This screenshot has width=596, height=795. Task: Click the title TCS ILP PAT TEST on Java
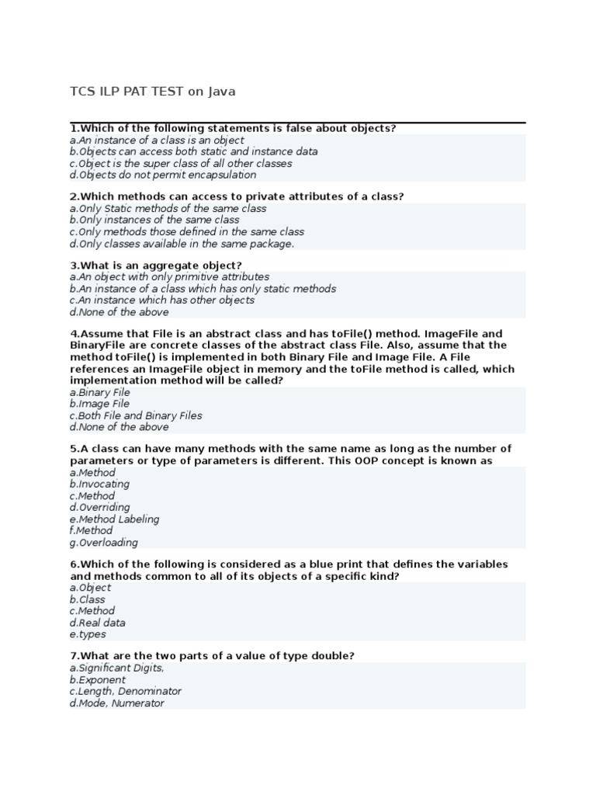(152, 92)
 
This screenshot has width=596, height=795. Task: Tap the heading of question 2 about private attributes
(237, 196)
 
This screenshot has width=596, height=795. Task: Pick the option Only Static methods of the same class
(168, 208)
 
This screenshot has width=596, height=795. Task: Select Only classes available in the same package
(182, 244)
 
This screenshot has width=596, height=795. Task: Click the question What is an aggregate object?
(156, 265)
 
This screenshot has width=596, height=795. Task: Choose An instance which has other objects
(162, 300)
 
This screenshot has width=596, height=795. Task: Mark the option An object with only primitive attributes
(169, 276)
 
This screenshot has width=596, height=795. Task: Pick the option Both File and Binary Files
(136, 415)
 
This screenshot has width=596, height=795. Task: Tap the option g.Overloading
(104, 543)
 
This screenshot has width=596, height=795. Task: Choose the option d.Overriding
(100, 508)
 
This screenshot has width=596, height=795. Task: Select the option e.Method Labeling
(114, 519)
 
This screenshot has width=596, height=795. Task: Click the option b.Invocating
(99, 484)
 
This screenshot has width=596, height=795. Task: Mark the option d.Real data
(98, 623)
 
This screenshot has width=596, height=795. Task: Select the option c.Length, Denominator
(126, 691)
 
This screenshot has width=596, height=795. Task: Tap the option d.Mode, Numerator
(117, 703)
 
